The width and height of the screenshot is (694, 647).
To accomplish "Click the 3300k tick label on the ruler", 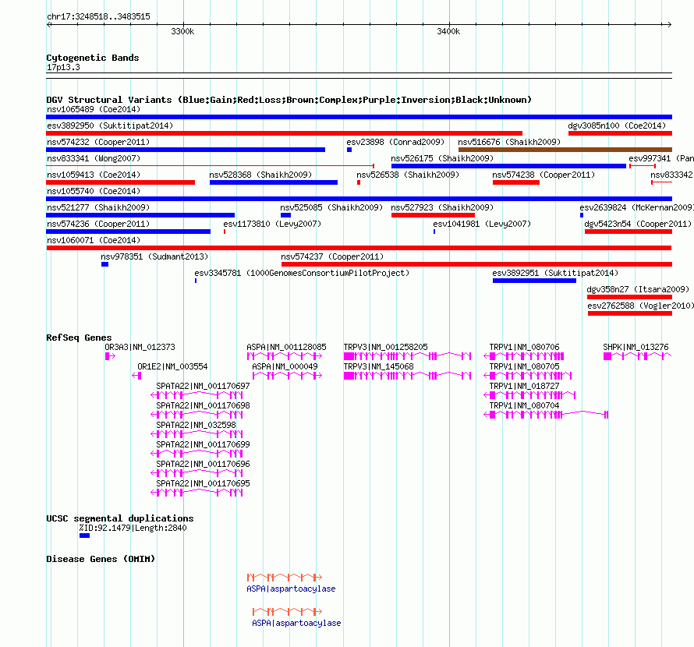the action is pos(182,31).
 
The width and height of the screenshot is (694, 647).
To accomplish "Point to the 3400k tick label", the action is pos(448,31).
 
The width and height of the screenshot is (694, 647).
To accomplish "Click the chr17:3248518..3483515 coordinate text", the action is pos(98,17).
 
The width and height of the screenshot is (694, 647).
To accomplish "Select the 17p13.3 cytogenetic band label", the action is pos(63,67).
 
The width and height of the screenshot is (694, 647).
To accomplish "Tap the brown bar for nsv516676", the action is pos(565,150).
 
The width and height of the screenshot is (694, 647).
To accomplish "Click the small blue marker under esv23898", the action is pos(349,150).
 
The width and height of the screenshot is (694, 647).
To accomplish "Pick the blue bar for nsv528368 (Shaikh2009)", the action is pos(274,182).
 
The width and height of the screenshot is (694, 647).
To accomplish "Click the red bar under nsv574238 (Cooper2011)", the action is pos(516,182).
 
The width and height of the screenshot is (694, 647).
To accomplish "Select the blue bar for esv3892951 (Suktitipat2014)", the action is pos(534,281).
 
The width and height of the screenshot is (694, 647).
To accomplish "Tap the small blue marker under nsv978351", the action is pos(105,264).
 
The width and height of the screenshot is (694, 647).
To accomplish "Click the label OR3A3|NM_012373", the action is pos(140,347).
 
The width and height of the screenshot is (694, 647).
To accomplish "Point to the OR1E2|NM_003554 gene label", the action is pos(172,366).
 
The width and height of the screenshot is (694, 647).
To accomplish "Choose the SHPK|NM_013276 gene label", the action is pos(636,347).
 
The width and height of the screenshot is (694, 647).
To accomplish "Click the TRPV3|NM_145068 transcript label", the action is pos(378,366).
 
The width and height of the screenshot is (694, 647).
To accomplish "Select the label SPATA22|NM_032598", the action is pos(196,425).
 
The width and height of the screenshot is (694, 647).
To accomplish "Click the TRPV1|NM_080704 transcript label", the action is pos(524,405).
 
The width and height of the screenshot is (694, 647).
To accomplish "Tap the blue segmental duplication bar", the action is pos(84,536).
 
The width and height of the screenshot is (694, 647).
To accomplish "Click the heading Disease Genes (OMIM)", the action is pos(101,559).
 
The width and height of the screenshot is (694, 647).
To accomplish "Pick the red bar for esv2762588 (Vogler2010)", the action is pos(630,313).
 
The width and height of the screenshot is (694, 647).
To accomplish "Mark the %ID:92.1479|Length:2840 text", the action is pos(133,528).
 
